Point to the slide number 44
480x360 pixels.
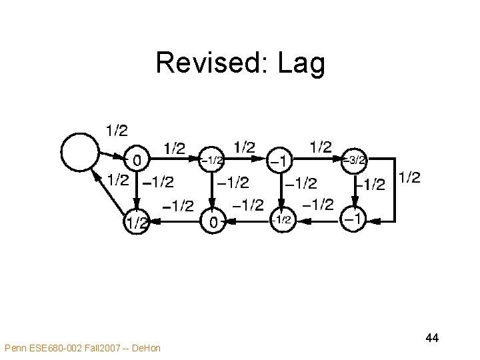(x=431, y=339)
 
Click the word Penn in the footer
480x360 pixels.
(x=15, y=347)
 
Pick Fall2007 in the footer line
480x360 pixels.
(x=103, y=347)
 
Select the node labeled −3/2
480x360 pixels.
(x=353, y=160)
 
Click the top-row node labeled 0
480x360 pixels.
(x=136, y=161)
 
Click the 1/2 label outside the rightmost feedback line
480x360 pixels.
(x=409, y=177)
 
